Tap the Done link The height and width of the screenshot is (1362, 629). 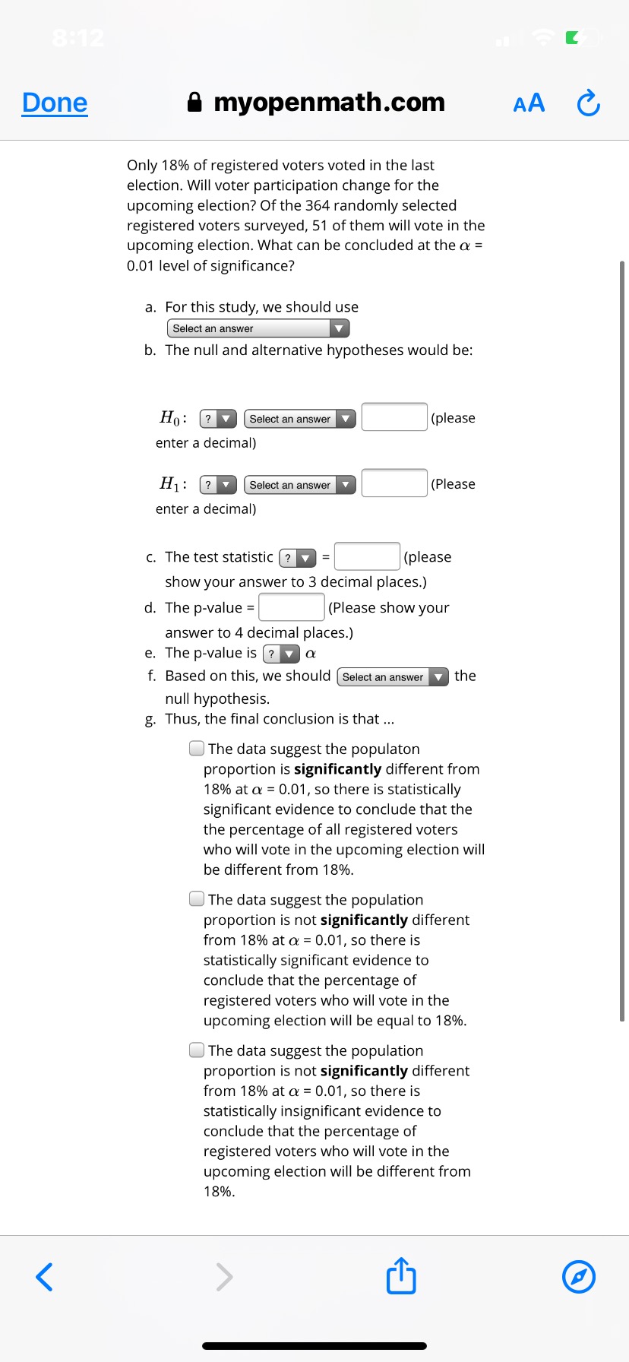pos(55,103)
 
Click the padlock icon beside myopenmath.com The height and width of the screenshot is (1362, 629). pos(195,103)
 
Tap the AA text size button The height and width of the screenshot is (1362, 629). pos(529,103)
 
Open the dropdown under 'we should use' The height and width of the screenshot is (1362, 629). pos(258,328)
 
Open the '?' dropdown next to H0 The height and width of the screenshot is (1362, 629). pos(218,419)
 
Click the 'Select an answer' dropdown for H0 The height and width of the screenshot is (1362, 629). pos(299,419)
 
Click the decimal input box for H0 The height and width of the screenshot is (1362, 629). pos(394,417)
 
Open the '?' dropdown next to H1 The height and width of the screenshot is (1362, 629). pos(218,485)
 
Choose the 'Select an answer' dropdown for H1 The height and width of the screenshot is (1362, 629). pos(299,485)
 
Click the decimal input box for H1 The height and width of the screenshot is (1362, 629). pos(394,483)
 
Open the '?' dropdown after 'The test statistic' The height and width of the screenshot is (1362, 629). pos(298,558)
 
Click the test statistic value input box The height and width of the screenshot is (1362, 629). pos(367,556)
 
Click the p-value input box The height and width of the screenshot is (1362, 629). pos(292,607)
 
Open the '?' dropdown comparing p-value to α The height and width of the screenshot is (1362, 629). pos(281,654)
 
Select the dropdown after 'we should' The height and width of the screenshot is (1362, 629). pos(393,676)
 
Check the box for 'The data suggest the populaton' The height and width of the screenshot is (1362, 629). pos(197,749)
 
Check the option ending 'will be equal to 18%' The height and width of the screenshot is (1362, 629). pos(197,899)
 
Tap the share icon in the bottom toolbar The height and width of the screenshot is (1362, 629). pos(401,1276)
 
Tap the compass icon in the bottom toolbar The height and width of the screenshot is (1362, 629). pos(579,1276)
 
